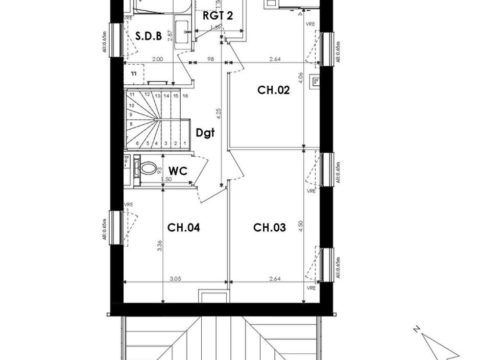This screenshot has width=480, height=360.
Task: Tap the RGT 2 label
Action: coord(218,16)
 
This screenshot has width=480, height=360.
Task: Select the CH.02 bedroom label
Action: coord(273,90)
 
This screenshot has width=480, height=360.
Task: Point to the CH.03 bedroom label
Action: coord(269,228)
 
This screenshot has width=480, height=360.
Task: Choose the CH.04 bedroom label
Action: coord(183,228)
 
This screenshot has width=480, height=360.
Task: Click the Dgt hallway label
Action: coord(205,133)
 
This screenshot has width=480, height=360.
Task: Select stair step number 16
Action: coord(185,95)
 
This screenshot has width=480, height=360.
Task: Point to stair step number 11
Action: coord(132,95)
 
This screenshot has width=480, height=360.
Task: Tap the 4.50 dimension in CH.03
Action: coord(301,226)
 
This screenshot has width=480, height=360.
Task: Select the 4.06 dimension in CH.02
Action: coord(301,78)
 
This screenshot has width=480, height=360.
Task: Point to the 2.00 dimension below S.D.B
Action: coord(158,60)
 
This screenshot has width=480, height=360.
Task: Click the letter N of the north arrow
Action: coord(417,329)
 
